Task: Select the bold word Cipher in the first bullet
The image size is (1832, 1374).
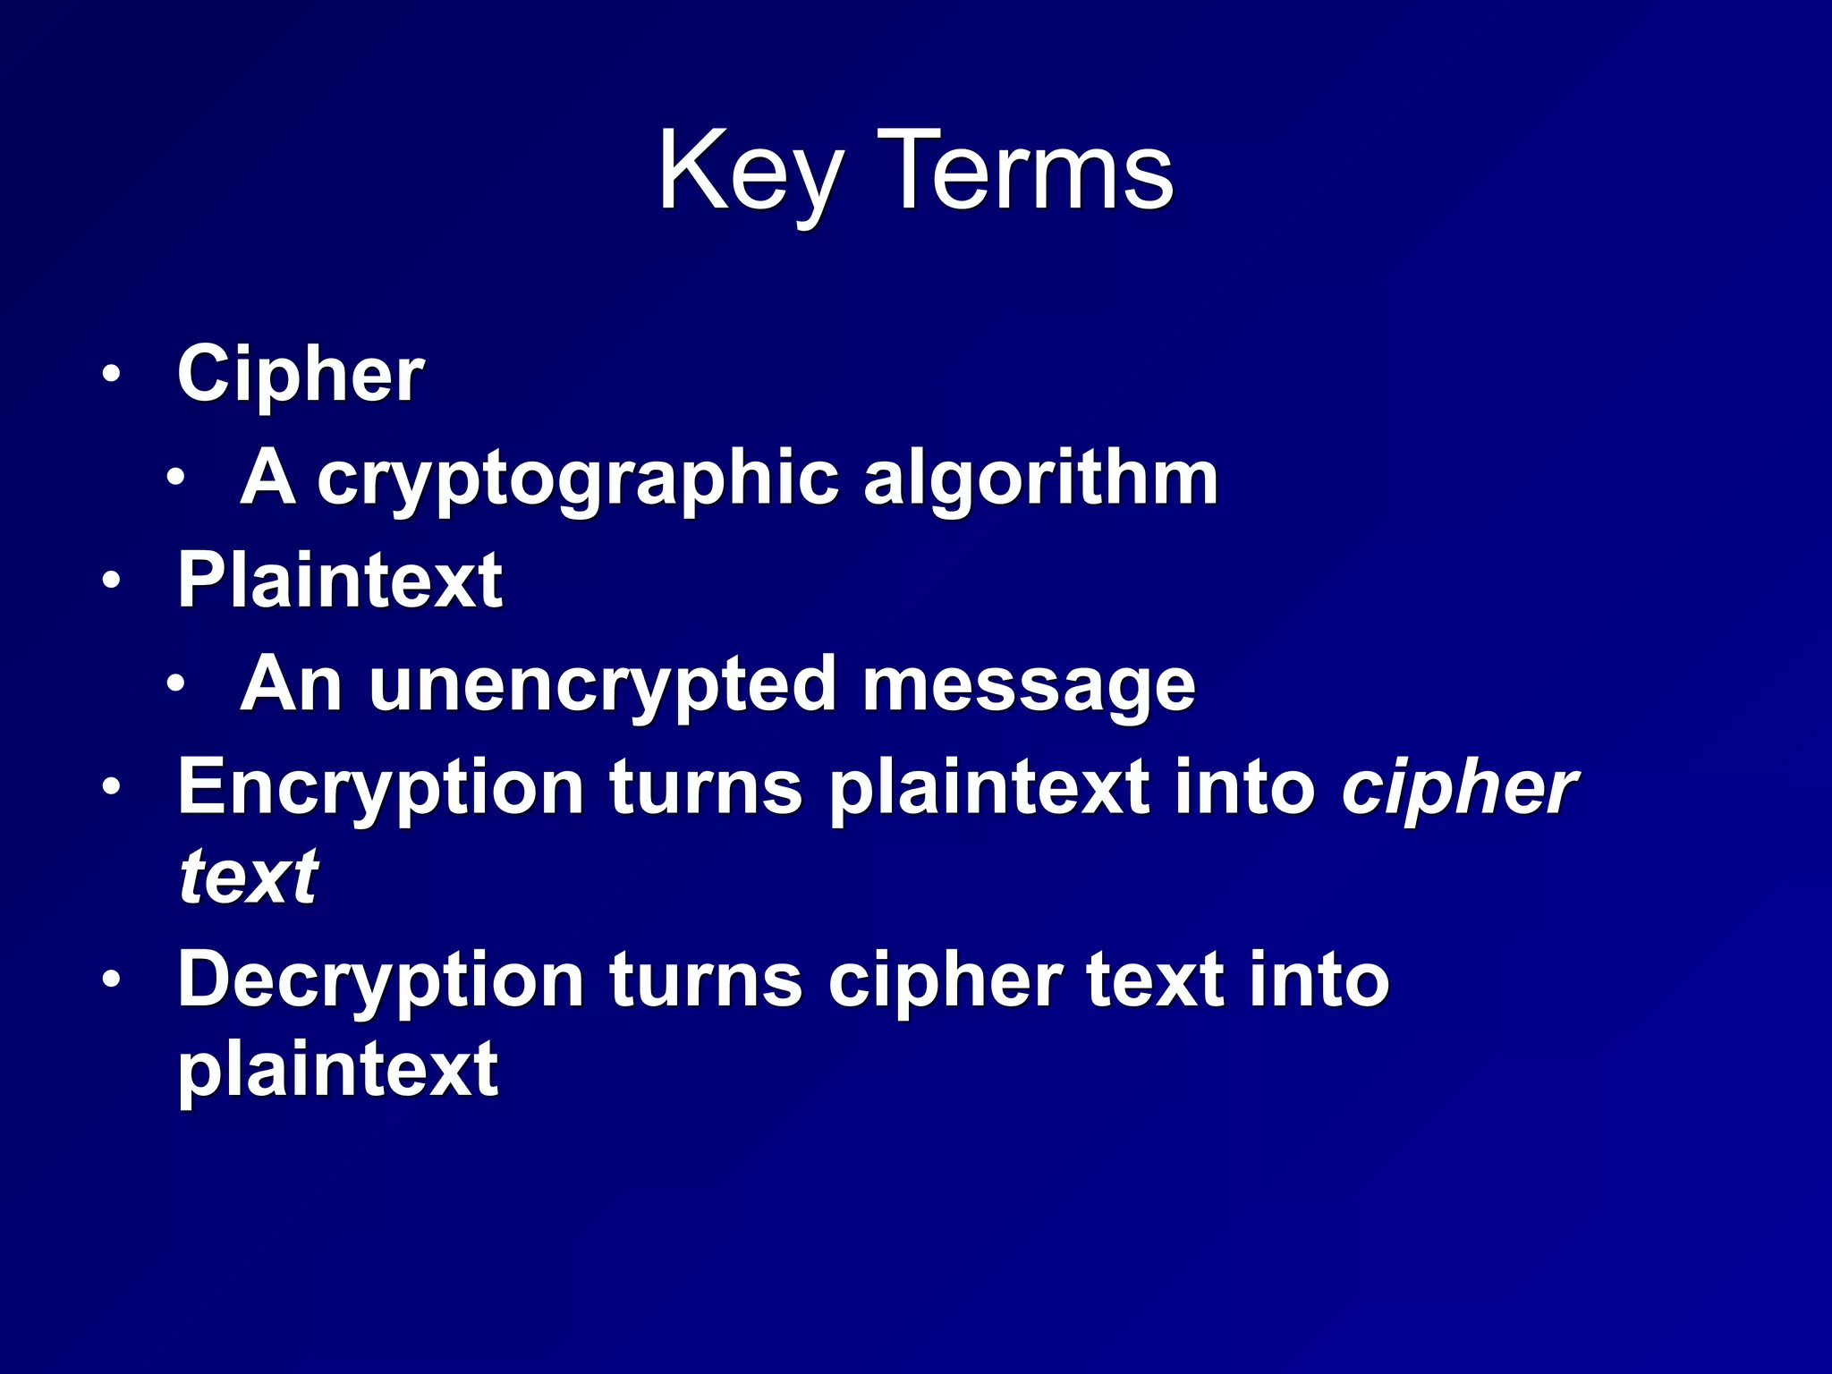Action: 301,374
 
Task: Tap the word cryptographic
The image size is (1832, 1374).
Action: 578,479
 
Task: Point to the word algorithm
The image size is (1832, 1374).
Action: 1040,479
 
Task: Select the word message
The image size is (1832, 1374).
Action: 1029,685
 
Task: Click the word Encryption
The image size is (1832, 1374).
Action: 381,787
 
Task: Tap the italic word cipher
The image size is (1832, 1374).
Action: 1459,787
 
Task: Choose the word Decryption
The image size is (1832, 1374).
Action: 381,980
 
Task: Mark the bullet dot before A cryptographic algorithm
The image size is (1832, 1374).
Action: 175,478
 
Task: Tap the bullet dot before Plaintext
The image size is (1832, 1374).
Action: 110,581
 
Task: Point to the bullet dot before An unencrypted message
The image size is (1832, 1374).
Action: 175,684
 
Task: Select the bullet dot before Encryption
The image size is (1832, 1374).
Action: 110,787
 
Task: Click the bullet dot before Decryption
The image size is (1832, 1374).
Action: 110,980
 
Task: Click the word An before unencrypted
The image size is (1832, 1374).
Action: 292,685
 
